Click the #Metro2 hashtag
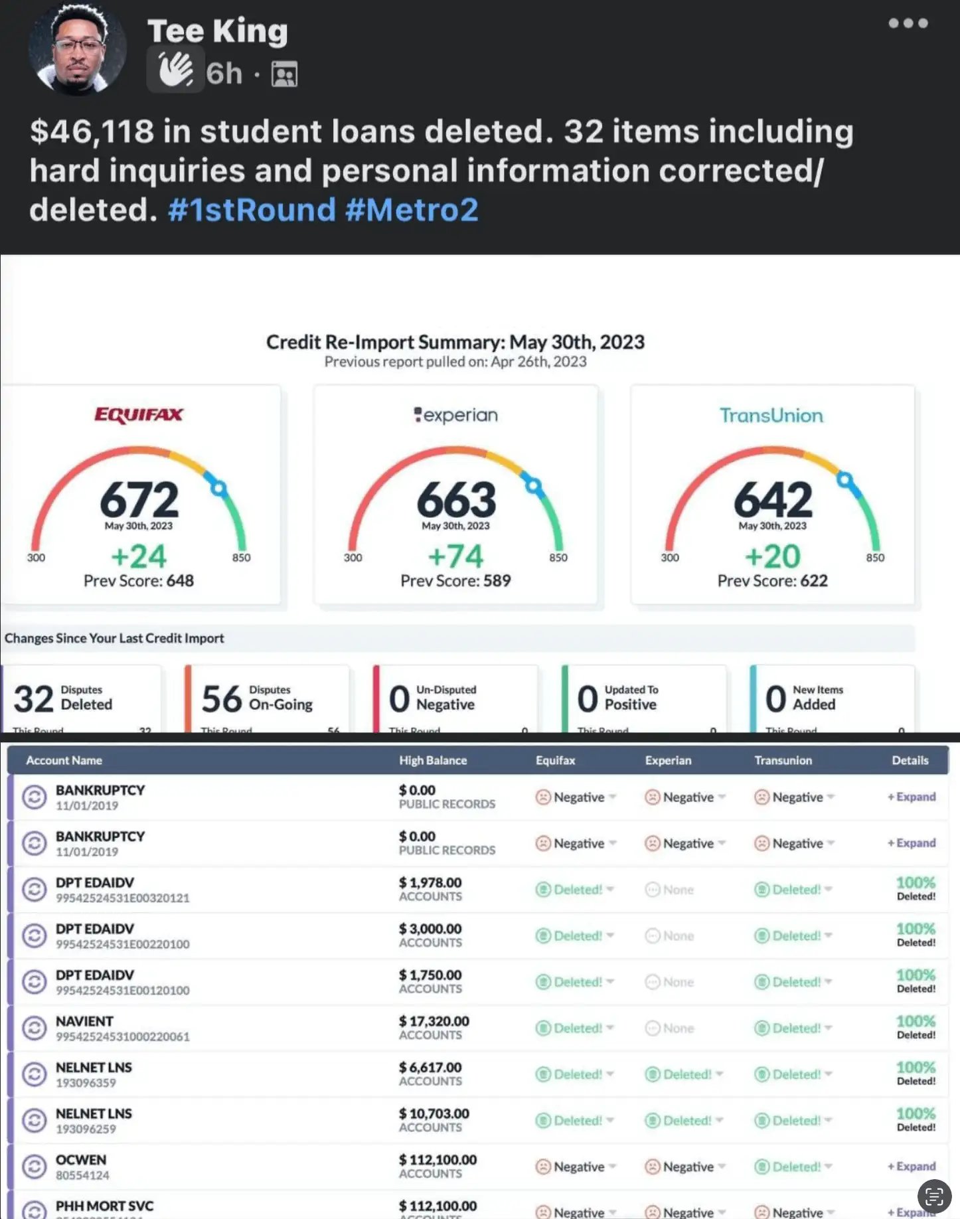(x=412, y=210)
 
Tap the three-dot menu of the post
(x=908, y=23)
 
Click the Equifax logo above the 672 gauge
(x=139, y=415)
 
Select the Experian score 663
(x=456, y=499)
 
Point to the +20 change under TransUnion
(x=772, y=556)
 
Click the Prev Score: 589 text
(x=455, y=581)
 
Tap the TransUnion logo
(x=771, y=416)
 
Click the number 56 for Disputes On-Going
(x=222, y=699)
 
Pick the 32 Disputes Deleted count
(x=33, y=699)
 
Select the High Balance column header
(x=433, y=760)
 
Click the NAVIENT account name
(x=84, y=1021)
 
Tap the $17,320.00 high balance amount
(x=434, y=1021)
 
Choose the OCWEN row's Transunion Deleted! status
(x=793, y=1167)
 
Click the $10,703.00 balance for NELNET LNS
(x=434, y=1113)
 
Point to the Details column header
(x=910, y=760)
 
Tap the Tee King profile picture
(x=77, y=50)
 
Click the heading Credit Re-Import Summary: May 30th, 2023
(x=455, y=342)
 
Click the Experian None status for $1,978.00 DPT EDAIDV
(x=670, y=890)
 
